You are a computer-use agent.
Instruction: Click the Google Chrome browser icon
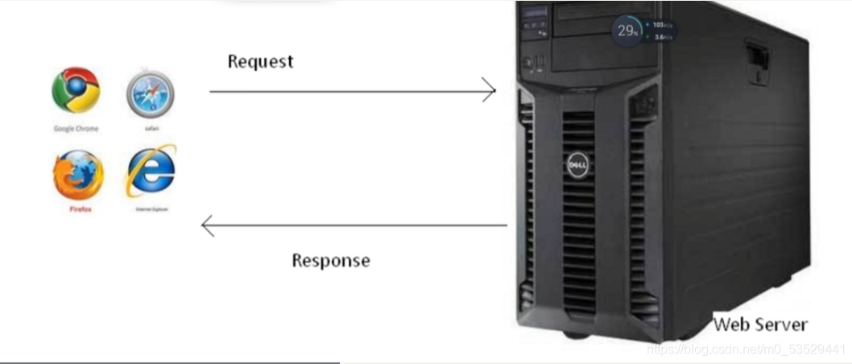pos(76,89)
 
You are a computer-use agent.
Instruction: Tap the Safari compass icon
pos(150,93)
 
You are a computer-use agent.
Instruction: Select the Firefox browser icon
pos(78,175)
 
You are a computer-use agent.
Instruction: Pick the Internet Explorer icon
pos(151,171)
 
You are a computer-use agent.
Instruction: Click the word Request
pos(260,61)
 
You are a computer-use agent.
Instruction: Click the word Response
pos(330,260)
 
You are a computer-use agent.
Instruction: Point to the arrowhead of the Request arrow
pos(490,90)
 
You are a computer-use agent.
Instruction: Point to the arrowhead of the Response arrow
pos(207,225)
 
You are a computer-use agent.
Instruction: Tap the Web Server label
pos(759,325)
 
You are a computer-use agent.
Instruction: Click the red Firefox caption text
pos(79,209)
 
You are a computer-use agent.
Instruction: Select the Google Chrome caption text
pos(76,128)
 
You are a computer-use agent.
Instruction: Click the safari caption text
pos(151,127)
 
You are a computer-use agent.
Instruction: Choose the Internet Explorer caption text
pos(151,209)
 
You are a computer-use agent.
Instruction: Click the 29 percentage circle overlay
pos(627,31)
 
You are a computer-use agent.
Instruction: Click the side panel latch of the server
pos(756,63)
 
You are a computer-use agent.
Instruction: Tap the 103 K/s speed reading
pos(662,25)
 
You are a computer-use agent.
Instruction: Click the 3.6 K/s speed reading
pos(662,38)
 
